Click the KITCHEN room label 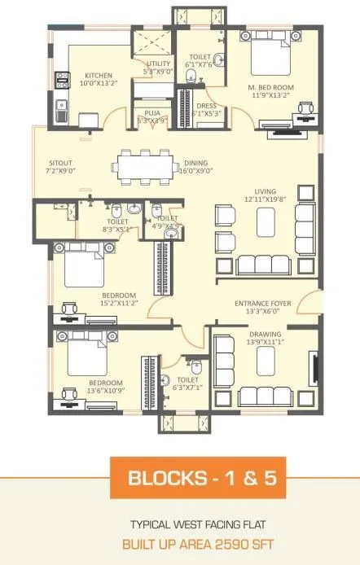99,74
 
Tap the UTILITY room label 158,64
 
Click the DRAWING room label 263,334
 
